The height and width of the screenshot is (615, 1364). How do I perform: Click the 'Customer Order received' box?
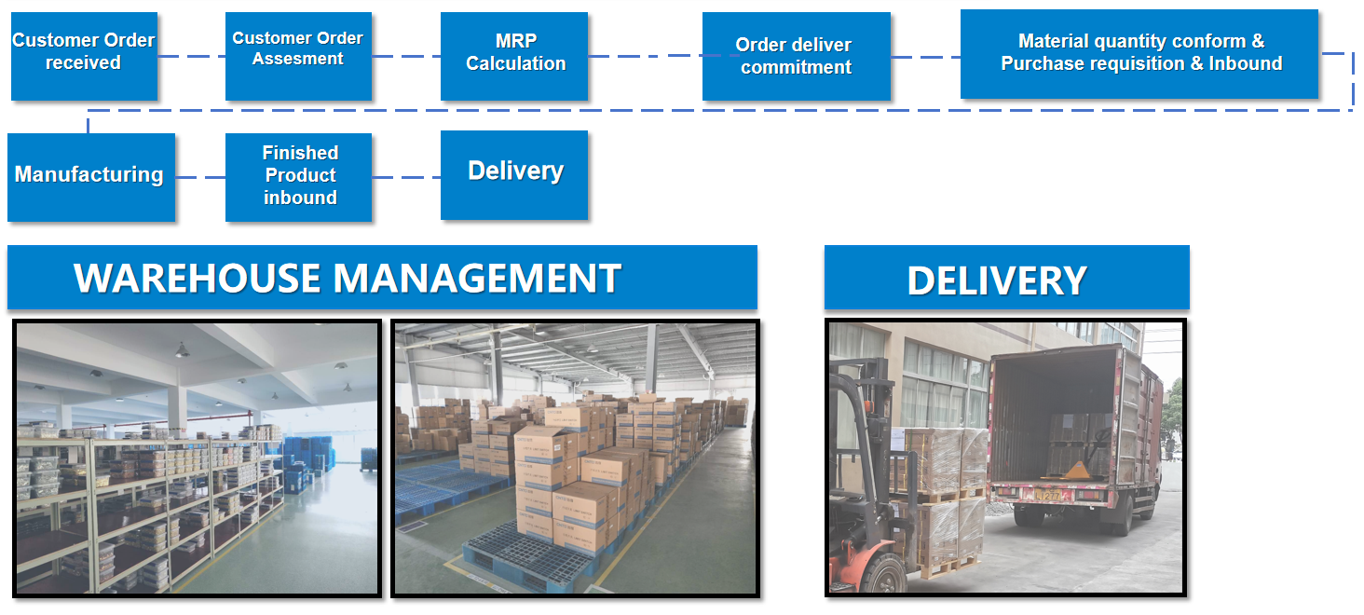coord(84,56)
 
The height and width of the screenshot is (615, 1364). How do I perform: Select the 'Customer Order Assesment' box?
coord(298,56)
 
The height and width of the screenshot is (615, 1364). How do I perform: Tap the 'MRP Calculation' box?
coord(514,56)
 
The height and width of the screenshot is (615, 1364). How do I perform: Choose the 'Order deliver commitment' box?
coord(797,56)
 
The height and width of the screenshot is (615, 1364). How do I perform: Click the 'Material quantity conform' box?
coord(1139,54)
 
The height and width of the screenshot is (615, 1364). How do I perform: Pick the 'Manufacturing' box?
coord(91,177)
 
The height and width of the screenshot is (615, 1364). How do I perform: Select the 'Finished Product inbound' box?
coord(298,177)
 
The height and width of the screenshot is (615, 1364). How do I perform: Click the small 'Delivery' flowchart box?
coord(514,175)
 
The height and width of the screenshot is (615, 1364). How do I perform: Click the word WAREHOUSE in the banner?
coord(198,279)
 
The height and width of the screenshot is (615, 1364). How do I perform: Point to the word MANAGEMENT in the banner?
coord(477,279)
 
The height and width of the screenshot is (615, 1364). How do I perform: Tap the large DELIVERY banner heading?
coord(997,280)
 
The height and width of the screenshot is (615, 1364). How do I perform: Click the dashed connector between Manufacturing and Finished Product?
coord(200,177)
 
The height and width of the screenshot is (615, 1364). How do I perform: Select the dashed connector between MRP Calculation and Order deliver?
coord(646,56)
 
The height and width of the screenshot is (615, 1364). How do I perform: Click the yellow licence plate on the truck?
coord(1047,496)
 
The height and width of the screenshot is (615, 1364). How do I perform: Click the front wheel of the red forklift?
coord(885,573)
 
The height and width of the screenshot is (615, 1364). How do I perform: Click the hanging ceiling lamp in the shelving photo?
coord(182,350)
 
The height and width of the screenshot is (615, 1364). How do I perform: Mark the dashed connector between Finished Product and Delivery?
coord(406,177)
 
